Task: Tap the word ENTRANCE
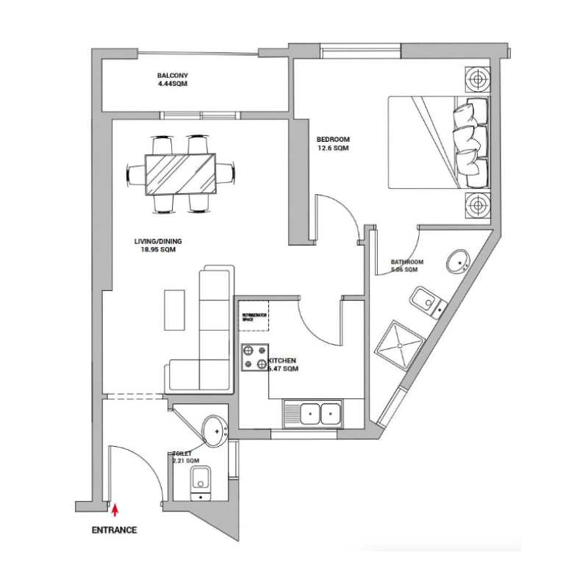click(114, 529)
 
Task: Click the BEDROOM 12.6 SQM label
click(332, 143)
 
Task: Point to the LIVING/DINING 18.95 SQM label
click(157, 245)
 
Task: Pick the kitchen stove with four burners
click(255, 357)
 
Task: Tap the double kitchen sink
click(320, 413)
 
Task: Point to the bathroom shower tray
click(400, 343)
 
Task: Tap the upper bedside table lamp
click(476, 79)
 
